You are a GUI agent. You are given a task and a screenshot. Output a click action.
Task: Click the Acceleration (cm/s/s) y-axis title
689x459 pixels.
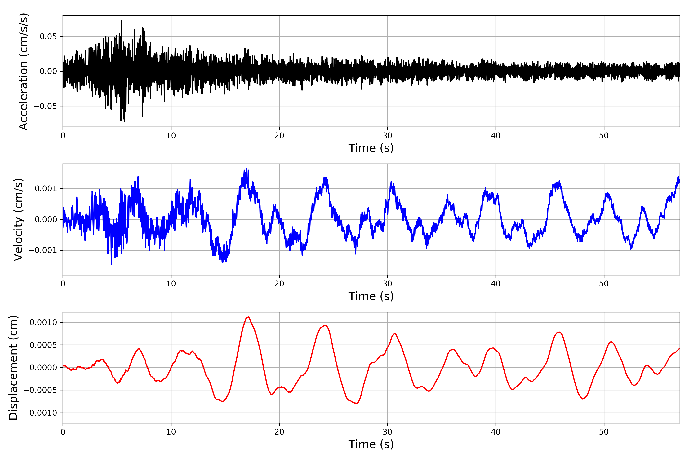point(23,71)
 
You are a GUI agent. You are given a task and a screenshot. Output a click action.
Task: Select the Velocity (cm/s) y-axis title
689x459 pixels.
point(18,220)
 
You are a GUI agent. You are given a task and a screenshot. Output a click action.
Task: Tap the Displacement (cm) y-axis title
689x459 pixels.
point(13,368)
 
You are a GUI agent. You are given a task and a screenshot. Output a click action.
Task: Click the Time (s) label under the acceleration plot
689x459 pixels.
point(371,148)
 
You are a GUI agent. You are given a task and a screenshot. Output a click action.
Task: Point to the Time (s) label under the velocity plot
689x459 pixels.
point(371,296)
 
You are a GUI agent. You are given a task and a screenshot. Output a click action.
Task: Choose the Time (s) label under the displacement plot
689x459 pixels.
point(371,444)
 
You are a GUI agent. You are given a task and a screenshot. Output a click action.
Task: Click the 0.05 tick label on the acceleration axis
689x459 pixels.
point(48,37)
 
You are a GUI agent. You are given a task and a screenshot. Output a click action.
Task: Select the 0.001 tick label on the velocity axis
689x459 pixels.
point(46,189)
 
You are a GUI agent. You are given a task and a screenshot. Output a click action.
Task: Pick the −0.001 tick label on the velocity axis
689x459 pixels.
point(42,251)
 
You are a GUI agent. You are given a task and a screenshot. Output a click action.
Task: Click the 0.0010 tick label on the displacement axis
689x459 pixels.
point(43,323)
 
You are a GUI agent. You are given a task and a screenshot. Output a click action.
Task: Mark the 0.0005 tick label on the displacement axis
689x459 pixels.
point(43,345)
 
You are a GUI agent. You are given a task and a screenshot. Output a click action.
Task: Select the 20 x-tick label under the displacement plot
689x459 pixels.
point(279,432)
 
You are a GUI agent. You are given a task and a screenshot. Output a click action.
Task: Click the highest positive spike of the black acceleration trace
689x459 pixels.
point(122,21)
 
